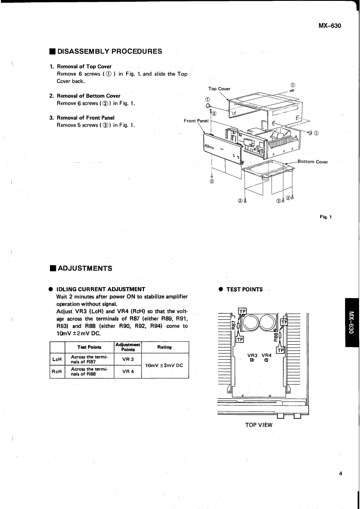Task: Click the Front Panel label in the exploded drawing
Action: (x=196, y=121)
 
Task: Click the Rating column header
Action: (x=165, y=347)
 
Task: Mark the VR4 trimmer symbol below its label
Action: (x=266, y=361)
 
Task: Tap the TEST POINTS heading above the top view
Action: (x=245, y=289)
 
